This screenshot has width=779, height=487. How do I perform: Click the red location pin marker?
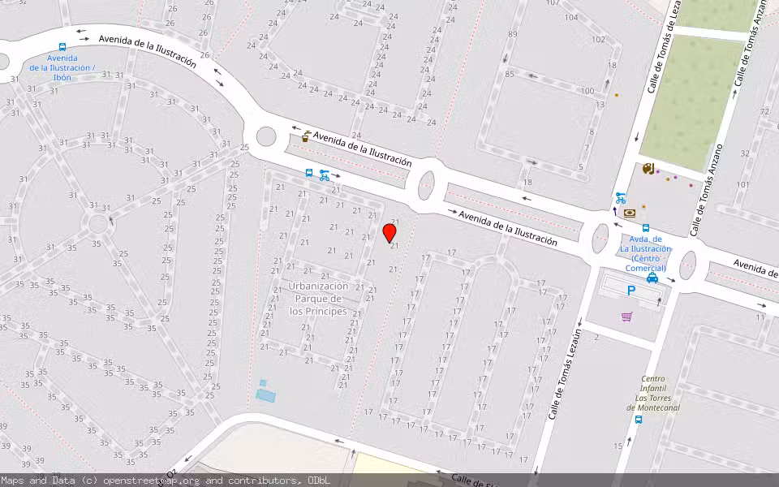pos(389,234)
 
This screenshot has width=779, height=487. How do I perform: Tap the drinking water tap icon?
pos(306,137)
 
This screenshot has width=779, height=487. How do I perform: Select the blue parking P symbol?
pos(631,291)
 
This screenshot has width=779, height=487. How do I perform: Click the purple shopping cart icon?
pos(626,317)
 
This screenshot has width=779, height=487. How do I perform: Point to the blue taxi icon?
pos(652,278)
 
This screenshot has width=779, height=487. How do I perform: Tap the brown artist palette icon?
pos(647,169)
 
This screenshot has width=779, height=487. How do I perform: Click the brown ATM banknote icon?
pos(630,213)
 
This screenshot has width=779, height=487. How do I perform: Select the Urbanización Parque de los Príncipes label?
pos(318,299)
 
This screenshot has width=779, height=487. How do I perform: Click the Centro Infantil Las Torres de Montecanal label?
pos(653,393)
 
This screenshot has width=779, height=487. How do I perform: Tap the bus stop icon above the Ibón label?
pos(62,48)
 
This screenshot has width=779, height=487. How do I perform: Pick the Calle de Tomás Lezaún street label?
pos(566,373)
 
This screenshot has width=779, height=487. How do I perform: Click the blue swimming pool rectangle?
pos(265,395)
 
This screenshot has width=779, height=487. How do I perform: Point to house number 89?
pos(512,34)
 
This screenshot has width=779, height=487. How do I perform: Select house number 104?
pos(571,17)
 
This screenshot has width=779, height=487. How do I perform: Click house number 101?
pos(742,184)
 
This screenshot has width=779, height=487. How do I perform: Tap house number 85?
pos(509,75)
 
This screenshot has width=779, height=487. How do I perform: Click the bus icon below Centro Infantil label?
pos(639,420)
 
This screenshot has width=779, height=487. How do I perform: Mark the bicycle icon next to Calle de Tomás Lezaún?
pos(621,198)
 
